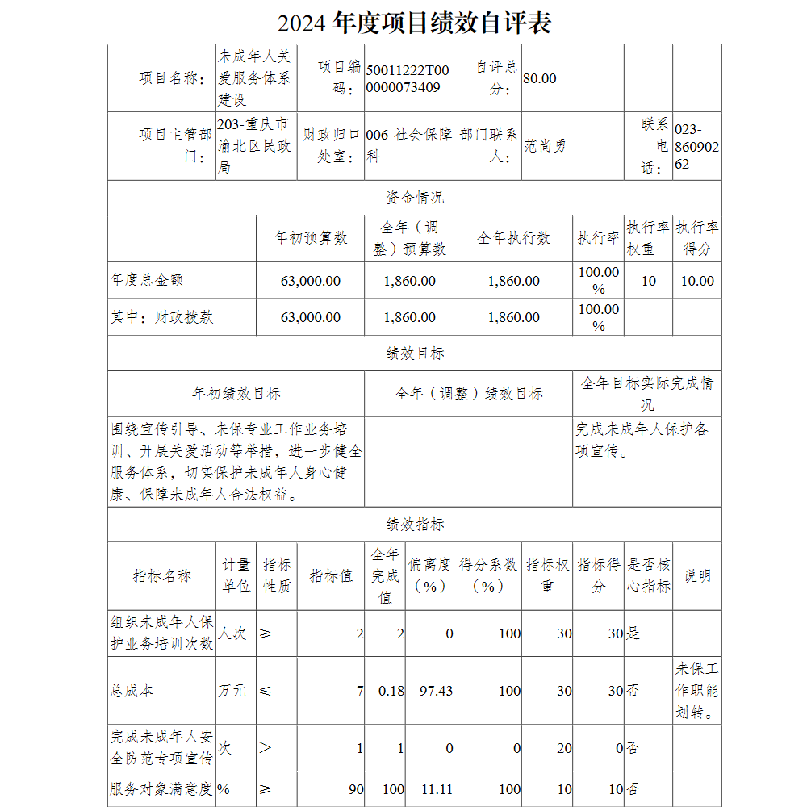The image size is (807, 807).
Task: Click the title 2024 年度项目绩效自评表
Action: tap(414, 23)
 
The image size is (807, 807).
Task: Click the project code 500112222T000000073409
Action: tap(407, 78)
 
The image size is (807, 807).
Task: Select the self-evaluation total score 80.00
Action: tap(540, 78)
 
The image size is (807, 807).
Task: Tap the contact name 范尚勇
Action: tap(545, 146)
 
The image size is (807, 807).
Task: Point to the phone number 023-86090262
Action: tap(692, 146)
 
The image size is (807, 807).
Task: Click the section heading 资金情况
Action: tap(414, 198)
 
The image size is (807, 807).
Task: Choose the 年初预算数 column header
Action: tap(311, 238)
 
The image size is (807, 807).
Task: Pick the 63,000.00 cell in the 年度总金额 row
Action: tap(311, 281)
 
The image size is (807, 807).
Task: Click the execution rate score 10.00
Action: tap(697, 281)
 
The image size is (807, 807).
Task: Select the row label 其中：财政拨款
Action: tap(162, 317)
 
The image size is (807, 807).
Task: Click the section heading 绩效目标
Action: tap(414, 353)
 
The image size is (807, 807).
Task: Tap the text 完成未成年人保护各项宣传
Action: tap(642, 440)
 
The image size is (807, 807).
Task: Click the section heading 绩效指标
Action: tap(414, 525)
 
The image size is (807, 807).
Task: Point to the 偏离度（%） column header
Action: tap(429, 575)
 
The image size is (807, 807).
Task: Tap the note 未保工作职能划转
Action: tap(696, 691)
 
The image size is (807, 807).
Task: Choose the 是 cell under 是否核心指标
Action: tap(633, 633)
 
